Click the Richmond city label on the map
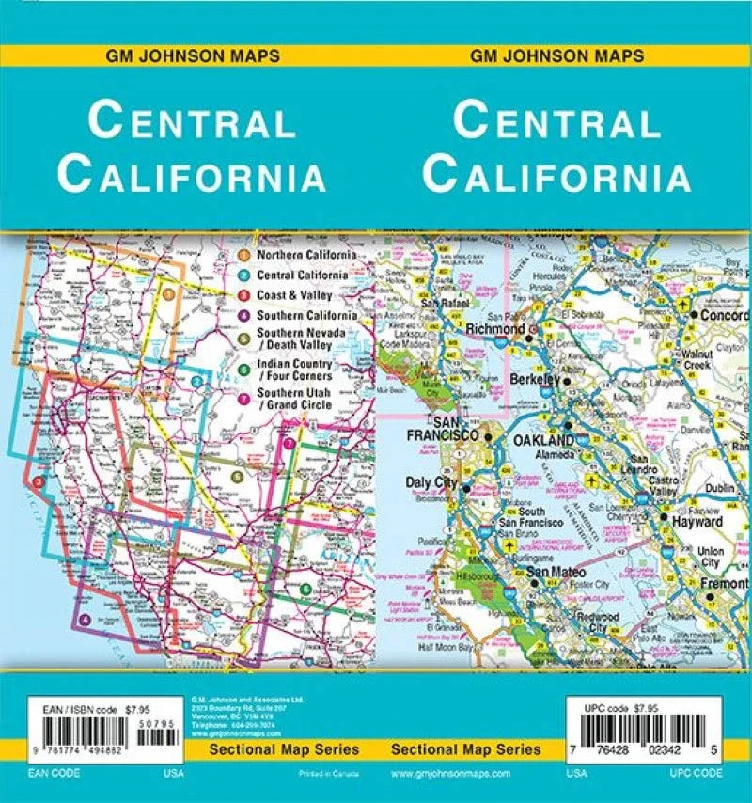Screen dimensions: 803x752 coord(495,330)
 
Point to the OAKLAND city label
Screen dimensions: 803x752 coord(542,440)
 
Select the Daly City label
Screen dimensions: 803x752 coord(430,482)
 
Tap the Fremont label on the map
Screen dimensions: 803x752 coord(725,584)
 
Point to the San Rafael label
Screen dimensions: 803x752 coord(444,303)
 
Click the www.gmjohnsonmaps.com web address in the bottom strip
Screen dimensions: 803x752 coord(449,773)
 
